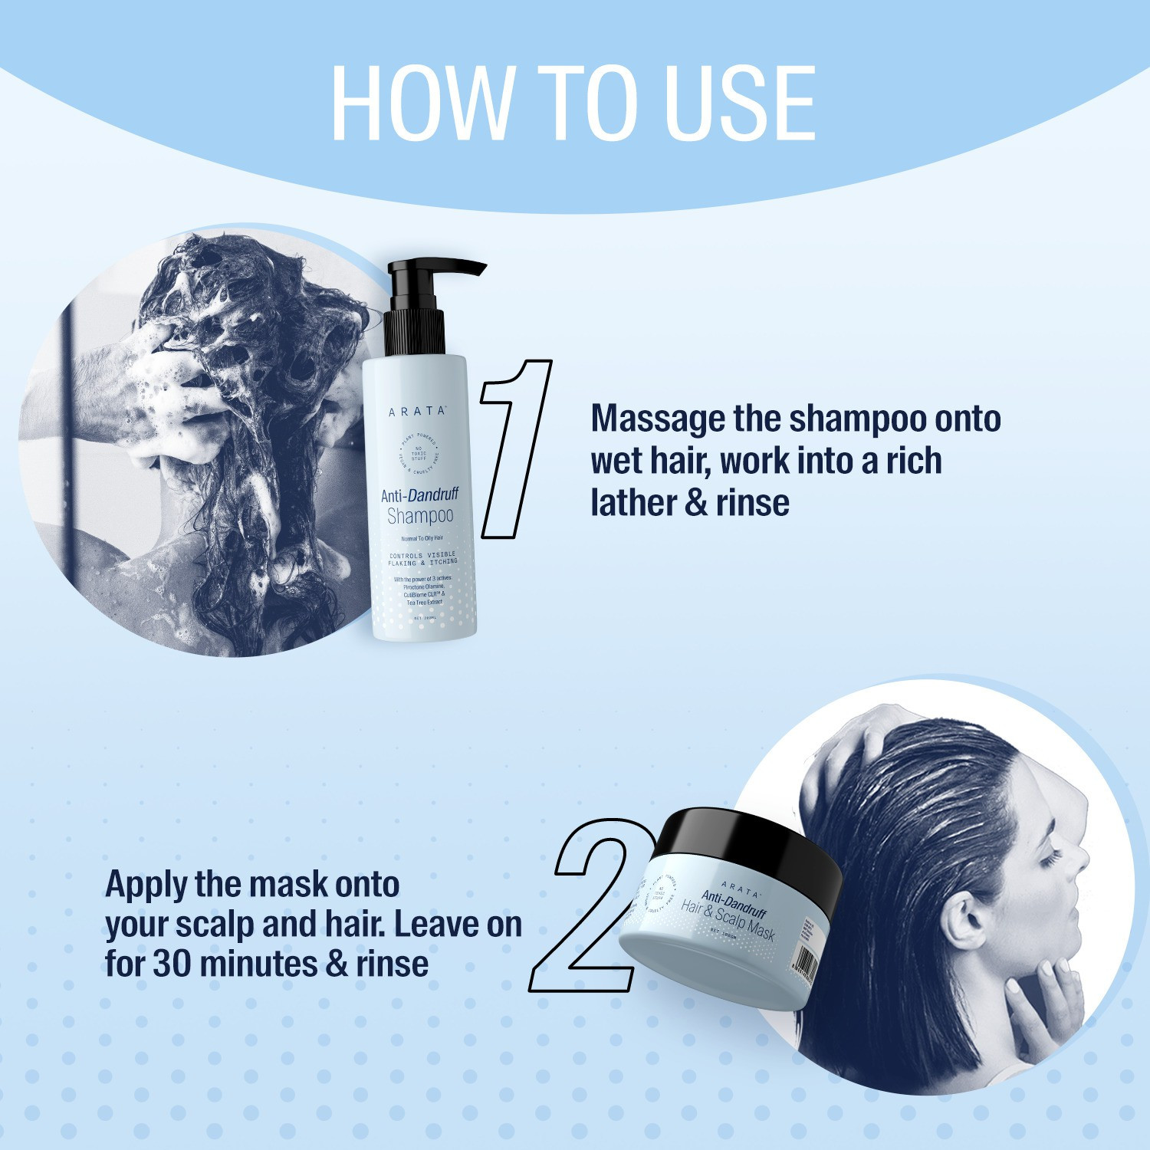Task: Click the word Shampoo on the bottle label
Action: (x=420, y=516)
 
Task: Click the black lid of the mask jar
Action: (x=751, y=843)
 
